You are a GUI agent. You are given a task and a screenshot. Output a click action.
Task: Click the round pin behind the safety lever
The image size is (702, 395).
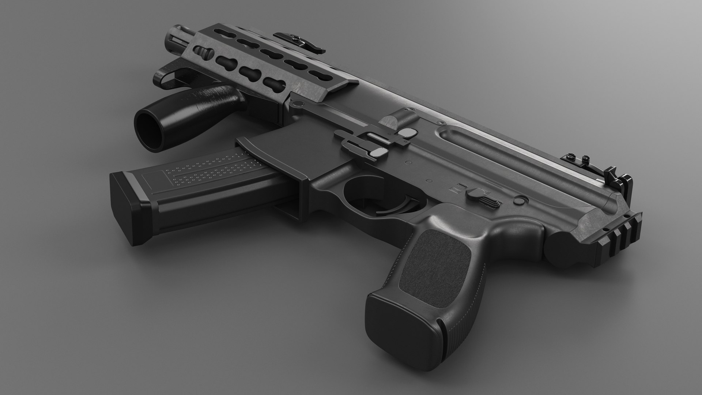pos(518,200)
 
